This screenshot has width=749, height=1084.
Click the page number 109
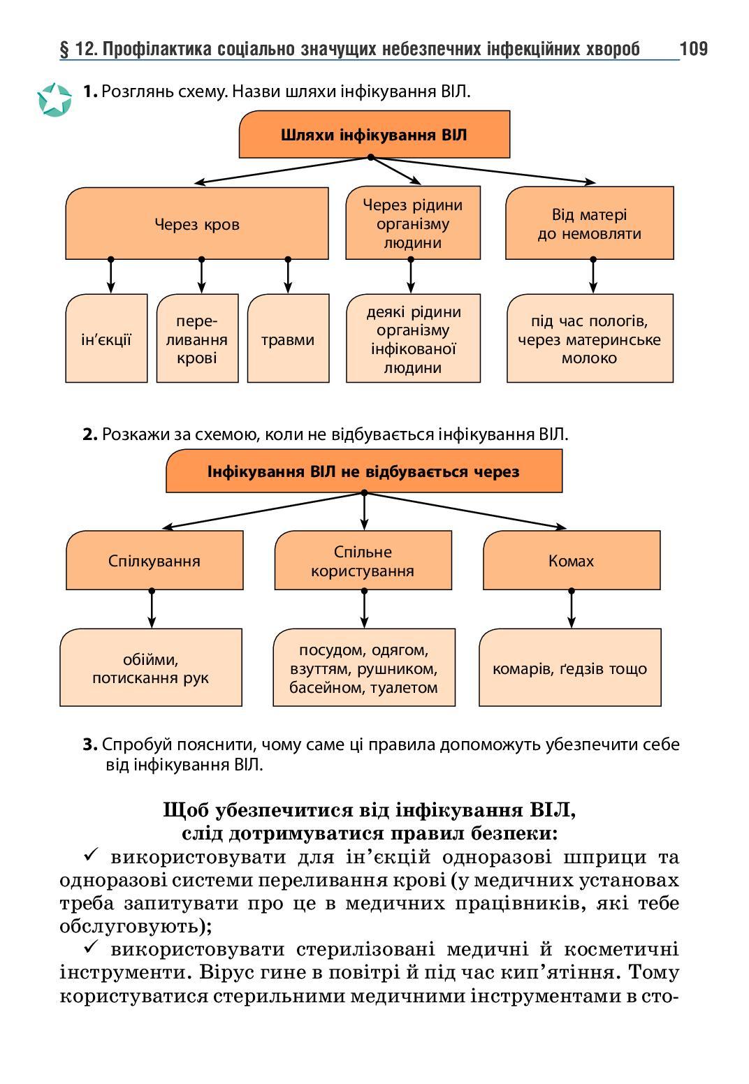point(693,48)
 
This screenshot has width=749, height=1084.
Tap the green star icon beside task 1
point(54,100)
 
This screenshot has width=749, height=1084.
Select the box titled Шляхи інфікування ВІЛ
point(374,134)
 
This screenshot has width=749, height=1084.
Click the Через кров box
point(196,224)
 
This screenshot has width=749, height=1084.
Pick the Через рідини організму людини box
point(412,224)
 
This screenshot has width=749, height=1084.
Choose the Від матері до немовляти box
point(589,224)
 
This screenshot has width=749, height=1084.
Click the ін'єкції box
point(106,339)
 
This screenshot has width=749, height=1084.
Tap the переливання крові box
point(197,339)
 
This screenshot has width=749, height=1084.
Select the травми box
point(288,339)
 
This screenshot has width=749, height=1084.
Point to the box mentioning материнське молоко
point(590,339)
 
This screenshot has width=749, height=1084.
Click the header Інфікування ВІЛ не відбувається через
point(363,471)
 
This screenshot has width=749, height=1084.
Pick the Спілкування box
point(154,560)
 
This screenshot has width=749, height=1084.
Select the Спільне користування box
point(363,560)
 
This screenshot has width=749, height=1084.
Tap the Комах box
point(571,560)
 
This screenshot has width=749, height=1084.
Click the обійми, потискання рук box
point(151,668)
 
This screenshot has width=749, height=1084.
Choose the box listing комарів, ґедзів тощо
point(569,668)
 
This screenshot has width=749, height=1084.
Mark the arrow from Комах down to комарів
point(572,609)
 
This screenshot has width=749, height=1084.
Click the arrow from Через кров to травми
point(288,276)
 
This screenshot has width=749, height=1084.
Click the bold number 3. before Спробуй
point(89,745)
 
